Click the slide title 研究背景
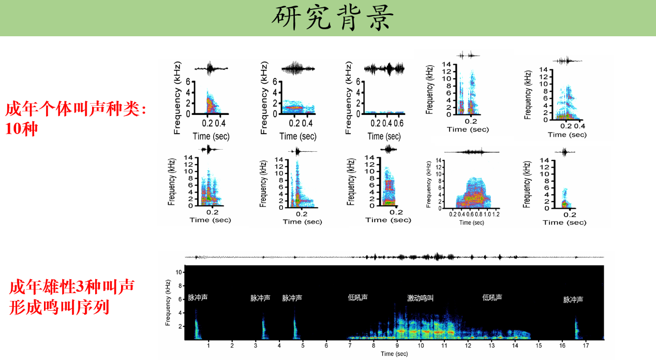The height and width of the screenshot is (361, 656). pyautogui.click(x=333, y=19)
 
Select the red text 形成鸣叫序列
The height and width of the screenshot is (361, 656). pyautogui.click(x=59, y=307)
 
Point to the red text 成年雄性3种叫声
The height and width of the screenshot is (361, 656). pyautogui.click(x=72, y=286)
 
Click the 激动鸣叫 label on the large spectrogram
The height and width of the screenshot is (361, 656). pyautogui.click(x=420, y=298)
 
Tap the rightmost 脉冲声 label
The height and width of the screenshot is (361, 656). pyautogui.click(x=573, y=299)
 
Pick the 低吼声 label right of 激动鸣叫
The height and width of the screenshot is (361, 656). pyautogui.click(x=492, y=297)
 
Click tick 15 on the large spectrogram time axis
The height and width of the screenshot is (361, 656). pyautogui.click(x=539, y=345)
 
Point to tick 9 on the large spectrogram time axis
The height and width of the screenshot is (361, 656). pyautogui.click(x=397, y=345)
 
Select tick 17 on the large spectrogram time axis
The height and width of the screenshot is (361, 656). pyautogui.click(x=586, y=345)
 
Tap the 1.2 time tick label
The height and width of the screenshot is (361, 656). pyautogui.click(x=496, y=214)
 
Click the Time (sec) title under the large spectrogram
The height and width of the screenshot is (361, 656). pyautogui.click(x=394, y=354)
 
